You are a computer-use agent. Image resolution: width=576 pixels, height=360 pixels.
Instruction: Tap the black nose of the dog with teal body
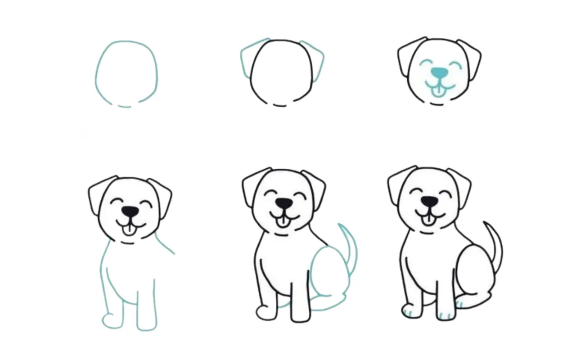point(130,211)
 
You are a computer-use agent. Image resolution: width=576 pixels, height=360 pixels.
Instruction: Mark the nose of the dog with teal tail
point(283,203)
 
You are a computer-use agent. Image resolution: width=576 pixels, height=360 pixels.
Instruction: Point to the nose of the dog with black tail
point(429,201)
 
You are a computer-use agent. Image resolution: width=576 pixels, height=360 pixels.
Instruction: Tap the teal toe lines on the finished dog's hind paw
point(459,304)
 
